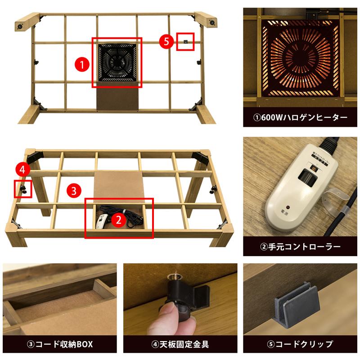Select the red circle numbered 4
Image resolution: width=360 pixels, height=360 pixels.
[22, 170]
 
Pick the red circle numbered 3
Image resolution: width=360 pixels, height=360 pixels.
[73, 189]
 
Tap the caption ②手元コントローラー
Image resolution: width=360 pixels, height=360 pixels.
[300, 247]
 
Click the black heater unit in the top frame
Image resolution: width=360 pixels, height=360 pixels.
[117, 63]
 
